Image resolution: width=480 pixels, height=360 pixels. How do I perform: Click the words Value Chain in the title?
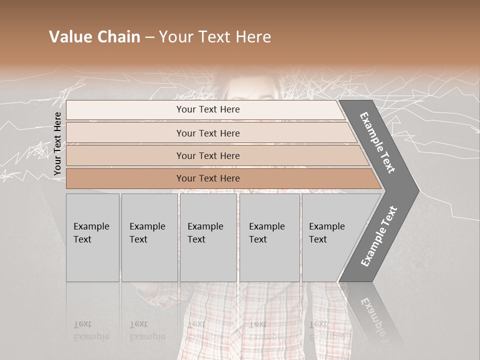click(x=94, y=37)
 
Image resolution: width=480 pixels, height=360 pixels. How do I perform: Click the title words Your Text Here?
click(x=215, y=37)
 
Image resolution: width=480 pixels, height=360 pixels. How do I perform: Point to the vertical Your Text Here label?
click(x=57, y=143)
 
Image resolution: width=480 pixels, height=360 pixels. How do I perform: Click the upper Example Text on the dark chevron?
click(x=377, y=142)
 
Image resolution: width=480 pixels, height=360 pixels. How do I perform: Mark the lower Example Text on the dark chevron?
click(x=379, y=236)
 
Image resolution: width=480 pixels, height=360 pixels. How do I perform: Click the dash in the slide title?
click(x=149, y=37)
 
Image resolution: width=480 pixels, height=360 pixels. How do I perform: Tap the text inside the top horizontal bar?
click(x=208, y=109)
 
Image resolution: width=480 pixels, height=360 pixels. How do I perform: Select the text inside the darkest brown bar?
click(x=208, y=178)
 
